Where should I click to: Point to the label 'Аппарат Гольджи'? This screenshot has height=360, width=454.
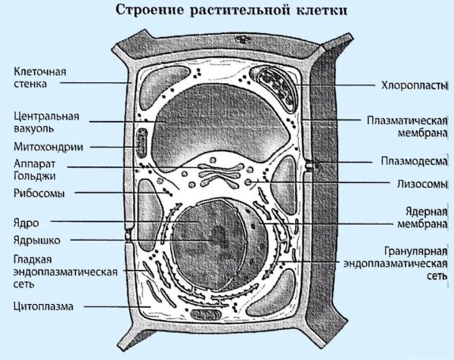tap(34, 170)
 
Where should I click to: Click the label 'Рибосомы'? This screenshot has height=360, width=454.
tap(39, 194)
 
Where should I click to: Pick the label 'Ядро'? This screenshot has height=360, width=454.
tap(26, 223)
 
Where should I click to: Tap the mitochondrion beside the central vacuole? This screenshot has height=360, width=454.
tap(141, 143)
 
